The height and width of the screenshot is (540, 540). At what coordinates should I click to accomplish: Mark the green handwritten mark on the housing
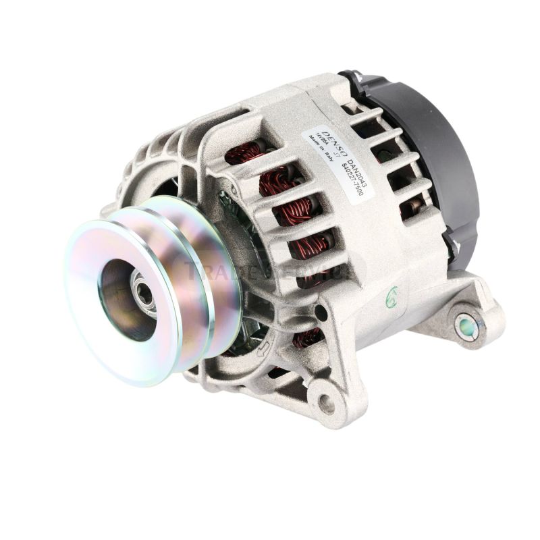[x=391, y=295]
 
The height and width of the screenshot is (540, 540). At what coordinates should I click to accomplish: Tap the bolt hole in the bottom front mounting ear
[x=327, y=404]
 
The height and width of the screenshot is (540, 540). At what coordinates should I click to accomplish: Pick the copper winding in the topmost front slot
[x=244, y=153]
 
